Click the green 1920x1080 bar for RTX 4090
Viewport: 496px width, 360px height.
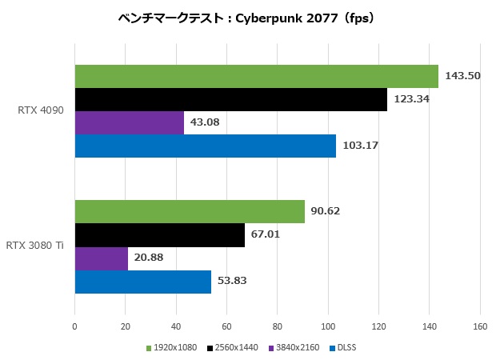(256, 77)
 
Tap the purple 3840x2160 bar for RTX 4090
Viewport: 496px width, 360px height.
(129, 123)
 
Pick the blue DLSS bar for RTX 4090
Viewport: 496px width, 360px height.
(205, 146)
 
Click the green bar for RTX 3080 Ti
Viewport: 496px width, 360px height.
(190, 212)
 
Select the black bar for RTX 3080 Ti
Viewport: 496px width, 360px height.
(159, 235)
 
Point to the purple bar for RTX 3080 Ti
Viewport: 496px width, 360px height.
(101, 258)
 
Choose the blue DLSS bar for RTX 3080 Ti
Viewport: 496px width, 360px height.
(142, 282)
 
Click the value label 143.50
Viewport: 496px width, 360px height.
(462, 77)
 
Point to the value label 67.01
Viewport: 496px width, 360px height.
(266, 235)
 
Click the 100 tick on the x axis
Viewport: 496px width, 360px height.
(328, 326)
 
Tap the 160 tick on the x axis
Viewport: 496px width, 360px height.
(480, 326)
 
